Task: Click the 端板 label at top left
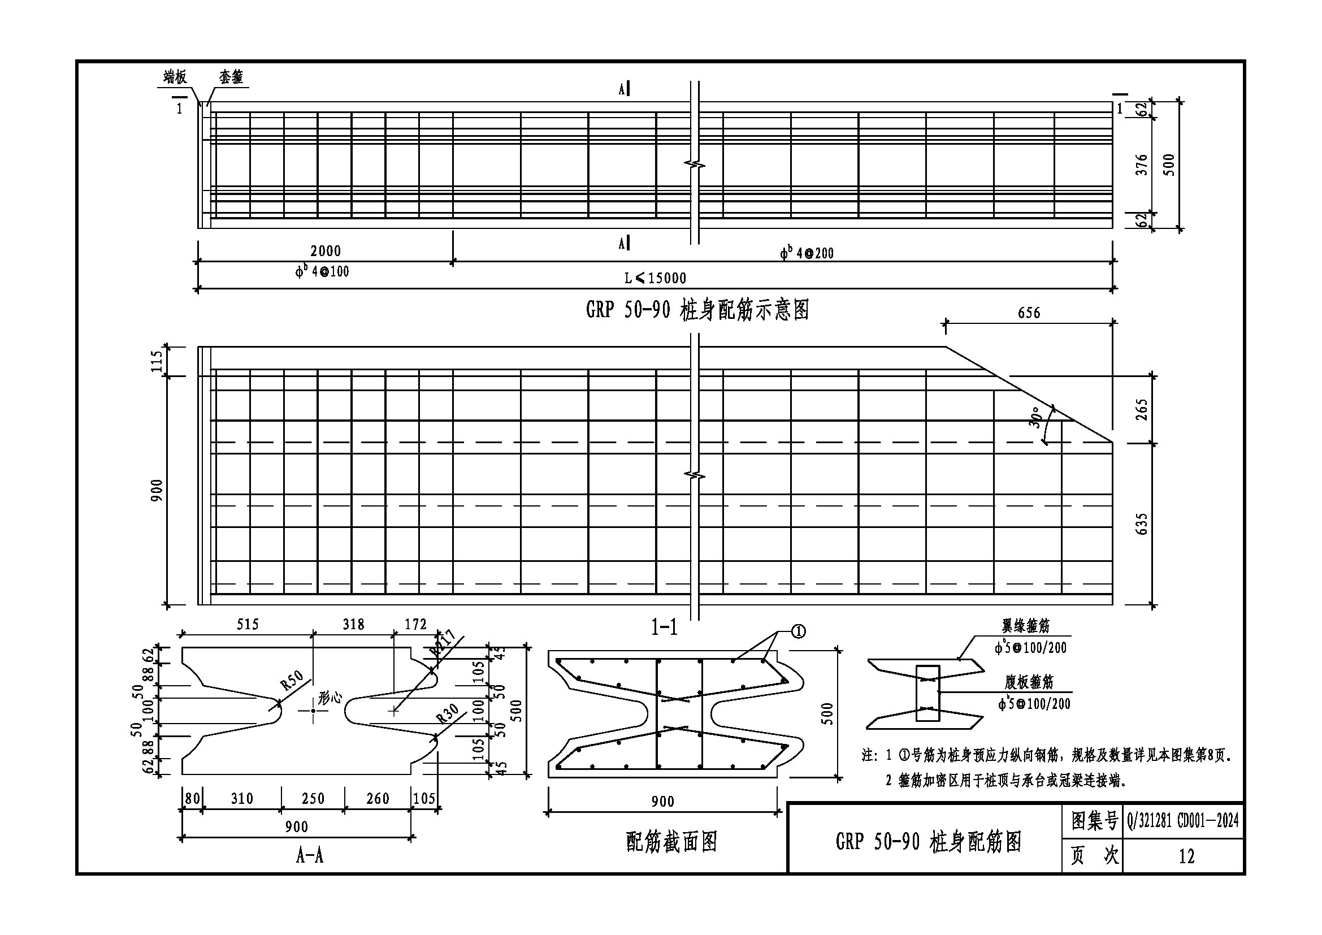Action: pyautogui.click(x=175, y=76)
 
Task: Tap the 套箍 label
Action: pyautogui.click(x=231, y=76)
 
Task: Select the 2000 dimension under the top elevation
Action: pyautogui.click(x=326, y=251)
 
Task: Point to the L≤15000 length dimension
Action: pyautogui.click(x=655, y=279)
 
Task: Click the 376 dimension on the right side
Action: pyautogui.click(x=1142, y=165)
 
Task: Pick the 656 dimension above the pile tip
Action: pyautogui.click(x=1028, y=313)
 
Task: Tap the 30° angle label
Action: pyautogui.click(x=1035, y=418)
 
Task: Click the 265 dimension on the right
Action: pyautogui.click(x=1142, y=410)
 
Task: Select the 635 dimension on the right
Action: pyautogui.click(x=1142, y=524)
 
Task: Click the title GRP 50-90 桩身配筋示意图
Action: pyautogui.click(x=697, y=310)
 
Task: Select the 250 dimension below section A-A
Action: pyautogui.click(x=313, y=799)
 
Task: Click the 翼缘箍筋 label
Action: pyautogui.click(x=1025, y=625)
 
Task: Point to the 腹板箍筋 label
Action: pyautogui.click(x=1029, y=682)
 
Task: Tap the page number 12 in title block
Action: pyautogui.click(x=1186, y=856)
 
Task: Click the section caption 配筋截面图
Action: pyautogui.click(x=671, y=842)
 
